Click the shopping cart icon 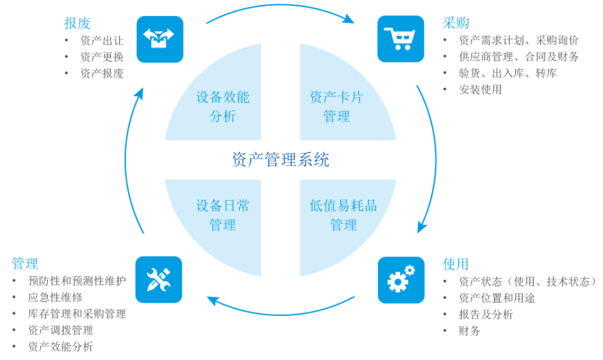tap(400, 39)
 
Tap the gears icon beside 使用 tap(400, 279)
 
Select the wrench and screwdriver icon tap(159, 279)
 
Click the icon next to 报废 tap(159, 39)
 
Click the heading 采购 tap(456, 23)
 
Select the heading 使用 tap(456, 264)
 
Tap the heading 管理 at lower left tap(25, 264)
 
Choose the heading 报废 tap(77, 23)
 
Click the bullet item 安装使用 tap(480, 90)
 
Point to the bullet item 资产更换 tap(102, 57)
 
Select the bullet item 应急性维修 tap(55, 297)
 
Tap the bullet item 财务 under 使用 tap(469, 331)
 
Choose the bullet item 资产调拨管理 tap(61, 330)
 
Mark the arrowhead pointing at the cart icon tap(349, 19)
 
